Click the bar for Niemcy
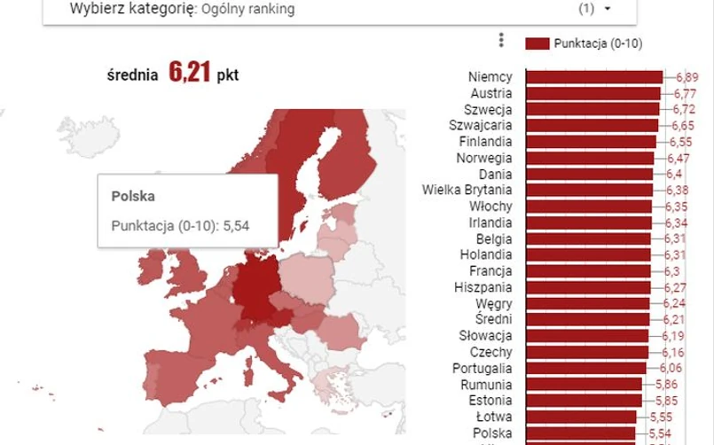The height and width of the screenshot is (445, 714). [x=593, y=78]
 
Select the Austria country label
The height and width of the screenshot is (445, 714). [x=490, y=94]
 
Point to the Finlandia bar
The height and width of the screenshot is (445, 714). [x=591, y=142]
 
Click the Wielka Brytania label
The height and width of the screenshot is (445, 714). [x=467, y=190]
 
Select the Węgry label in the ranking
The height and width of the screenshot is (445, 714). [x=493, y=303]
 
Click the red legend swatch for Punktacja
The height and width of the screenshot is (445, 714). [x=537, y=43]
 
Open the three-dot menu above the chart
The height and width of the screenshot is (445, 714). [x=502, y=41]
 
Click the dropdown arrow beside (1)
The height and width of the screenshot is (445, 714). [x=608, y=9]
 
